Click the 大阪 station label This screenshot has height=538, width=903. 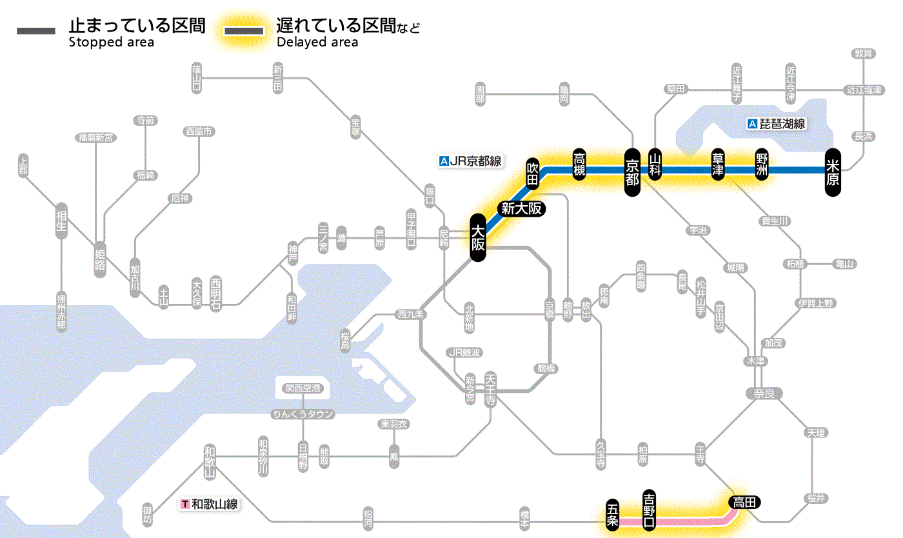pyautogui.click(x=477, y=237)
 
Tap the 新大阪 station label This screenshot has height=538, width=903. pyautogui.click(x=522, y=208)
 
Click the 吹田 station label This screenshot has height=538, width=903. pyautogui.click(x=533, y=173)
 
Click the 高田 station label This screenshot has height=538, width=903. pyautogui.click(x=744, y=502)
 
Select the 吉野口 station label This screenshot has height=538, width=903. pyautogui.click(x=649, y=509)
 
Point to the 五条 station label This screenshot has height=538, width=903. pyautogui.click(x=612, y=515)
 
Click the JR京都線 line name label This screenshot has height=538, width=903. pyautogui.click(x=470, y=161)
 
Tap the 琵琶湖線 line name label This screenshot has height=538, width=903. pyautogui.click(x=777, y=124)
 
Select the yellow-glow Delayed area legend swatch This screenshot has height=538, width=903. pyautogui.click(x=244, y=31)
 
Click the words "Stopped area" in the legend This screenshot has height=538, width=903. pyautogui.click(x=112, y=43)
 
